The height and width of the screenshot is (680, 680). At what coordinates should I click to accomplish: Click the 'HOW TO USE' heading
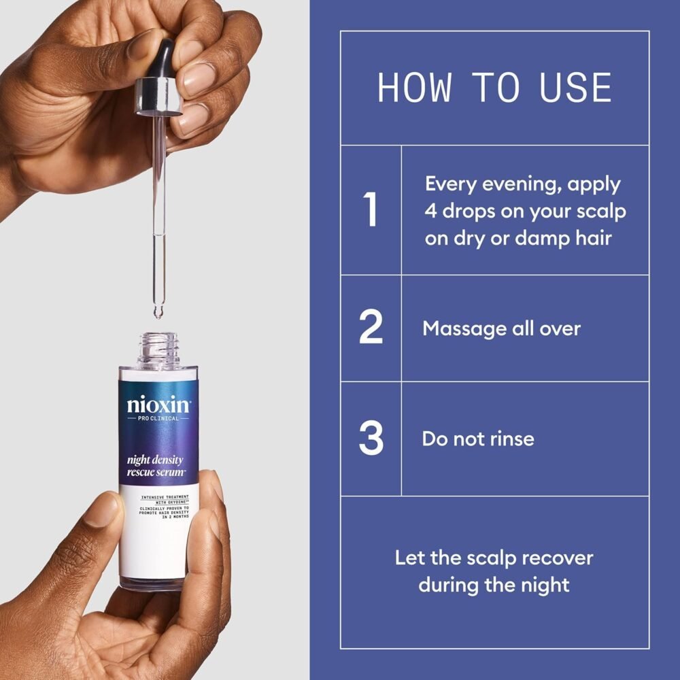(494, 88)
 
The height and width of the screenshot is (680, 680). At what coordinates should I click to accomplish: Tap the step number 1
(371, 210)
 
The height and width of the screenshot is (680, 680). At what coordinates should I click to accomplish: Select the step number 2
(371, 328)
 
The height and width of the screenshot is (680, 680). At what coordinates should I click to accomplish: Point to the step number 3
(371, 439)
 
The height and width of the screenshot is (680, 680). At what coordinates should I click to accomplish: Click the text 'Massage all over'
(501, 328)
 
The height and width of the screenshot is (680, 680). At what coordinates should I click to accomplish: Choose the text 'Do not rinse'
(477, 439)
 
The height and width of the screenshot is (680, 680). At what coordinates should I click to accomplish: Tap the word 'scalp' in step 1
(600, 211)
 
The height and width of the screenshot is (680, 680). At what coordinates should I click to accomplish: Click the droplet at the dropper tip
(158, 313)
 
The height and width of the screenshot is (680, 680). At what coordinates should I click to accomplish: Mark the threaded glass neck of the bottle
(158, 350)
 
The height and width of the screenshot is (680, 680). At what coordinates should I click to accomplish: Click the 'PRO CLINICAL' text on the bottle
(158, 418)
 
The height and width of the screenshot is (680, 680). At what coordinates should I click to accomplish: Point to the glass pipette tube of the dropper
(158, 204)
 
